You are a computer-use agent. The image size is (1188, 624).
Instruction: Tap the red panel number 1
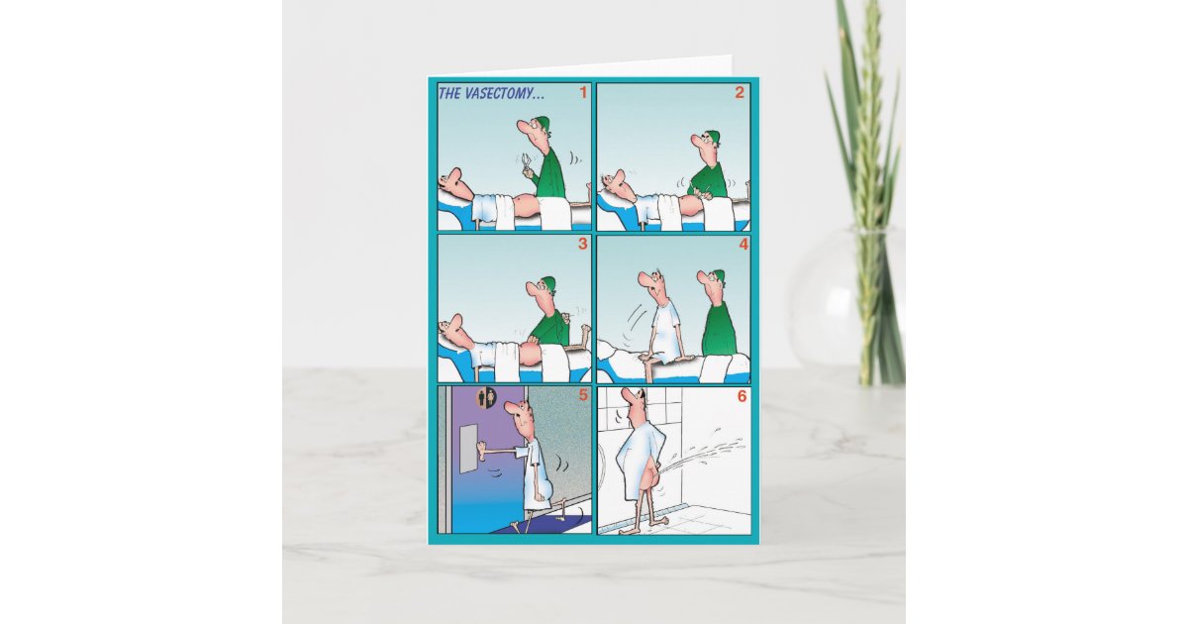[583, 94]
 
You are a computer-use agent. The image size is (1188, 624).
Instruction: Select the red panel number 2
[739, 94]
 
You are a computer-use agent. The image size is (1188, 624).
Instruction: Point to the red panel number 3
[582, 244]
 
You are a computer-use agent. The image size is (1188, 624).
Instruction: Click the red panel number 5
[582, 394]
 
